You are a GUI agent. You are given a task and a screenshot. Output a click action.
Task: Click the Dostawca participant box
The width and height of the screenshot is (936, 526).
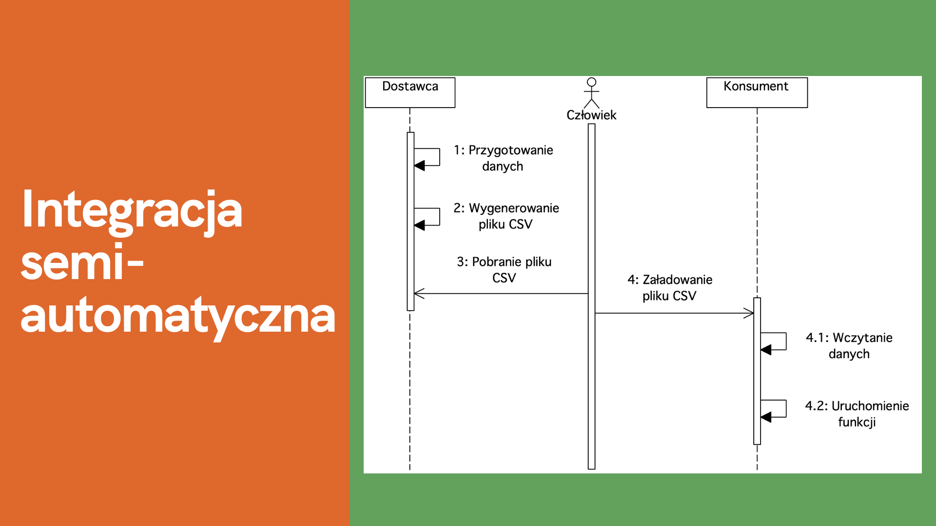(410, 93)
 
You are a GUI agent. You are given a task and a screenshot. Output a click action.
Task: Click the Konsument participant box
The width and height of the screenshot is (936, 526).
(757, 93)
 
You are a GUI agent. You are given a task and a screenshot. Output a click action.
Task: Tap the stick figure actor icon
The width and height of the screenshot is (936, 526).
(591, 93)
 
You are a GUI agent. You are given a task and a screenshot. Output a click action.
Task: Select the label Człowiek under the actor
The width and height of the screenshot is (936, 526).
(591, 115)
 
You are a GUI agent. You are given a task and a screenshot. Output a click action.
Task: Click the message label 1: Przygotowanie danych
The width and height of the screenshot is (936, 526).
(503, 158)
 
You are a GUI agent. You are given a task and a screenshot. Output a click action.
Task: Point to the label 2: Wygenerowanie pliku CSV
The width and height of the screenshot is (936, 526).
(506, 216)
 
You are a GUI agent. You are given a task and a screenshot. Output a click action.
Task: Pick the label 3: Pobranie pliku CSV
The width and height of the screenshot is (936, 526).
(504, 269)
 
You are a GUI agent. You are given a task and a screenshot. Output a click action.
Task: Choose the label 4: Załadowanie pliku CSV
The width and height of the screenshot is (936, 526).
(670, 287)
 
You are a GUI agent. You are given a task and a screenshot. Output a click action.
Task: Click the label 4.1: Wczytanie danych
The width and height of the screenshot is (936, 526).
(849, 345)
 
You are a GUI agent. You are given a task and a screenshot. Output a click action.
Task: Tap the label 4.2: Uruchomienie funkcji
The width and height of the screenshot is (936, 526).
(857, 413)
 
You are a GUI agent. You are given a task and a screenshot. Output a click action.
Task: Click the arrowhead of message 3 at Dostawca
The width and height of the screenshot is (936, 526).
(419, 294)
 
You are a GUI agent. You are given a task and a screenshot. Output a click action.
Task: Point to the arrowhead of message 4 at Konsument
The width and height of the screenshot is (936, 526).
(749, 313)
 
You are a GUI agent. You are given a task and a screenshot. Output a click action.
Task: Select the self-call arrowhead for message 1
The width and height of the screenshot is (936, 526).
(419, 166)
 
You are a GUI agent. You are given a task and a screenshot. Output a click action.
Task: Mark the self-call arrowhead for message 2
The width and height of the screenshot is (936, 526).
(419, 225)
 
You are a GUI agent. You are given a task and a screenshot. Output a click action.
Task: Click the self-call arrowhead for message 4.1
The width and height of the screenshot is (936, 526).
(766, 350)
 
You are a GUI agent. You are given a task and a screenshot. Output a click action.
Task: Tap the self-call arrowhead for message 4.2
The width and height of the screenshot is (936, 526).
(766, 417)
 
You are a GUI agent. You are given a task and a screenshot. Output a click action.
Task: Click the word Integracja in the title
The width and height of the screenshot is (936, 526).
(132, 211)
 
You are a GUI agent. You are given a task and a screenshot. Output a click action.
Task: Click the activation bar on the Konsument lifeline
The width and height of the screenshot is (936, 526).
(757, 371)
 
